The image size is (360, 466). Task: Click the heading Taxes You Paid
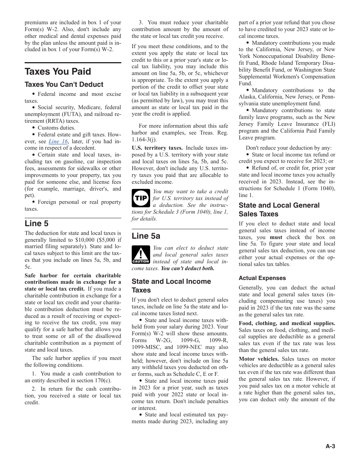pos(58,72)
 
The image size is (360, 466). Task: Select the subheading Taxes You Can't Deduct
pos(64,84)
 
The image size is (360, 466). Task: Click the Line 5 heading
pos(36,224)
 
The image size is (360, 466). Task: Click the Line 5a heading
pos(146,236)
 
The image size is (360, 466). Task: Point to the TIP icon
pos(141,198)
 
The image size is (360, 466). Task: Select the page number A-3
pos(330,446)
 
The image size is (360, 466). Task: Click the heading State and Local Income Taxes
pos(171,286)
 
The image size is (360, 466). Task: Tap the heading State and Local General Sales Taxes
pos(279,210)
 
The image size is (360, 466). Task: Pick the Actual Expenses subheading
pos(262,278)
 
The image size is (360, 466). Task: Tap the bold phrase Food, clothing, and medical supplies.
pos(287,323)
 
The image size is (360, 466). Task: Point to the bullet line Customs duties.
pos(56,128)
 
